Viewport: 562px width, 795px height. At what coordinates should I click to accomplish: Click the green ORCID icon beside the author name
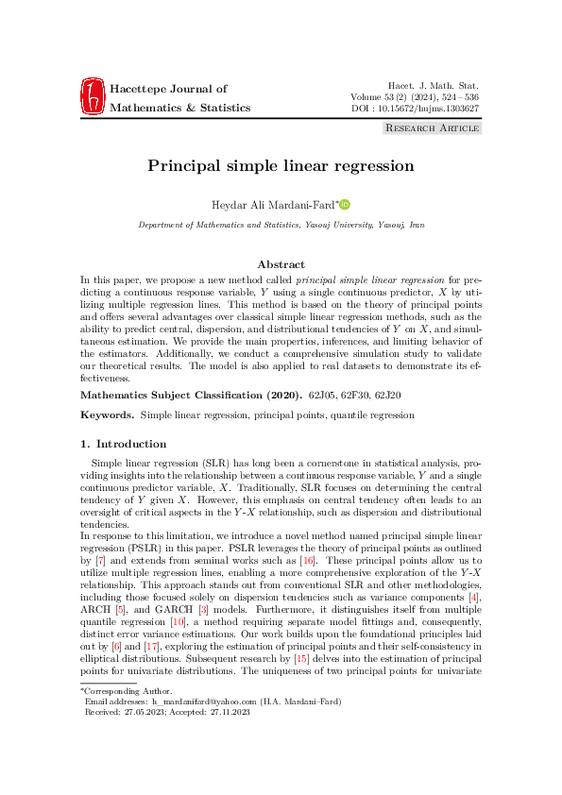[346, 204]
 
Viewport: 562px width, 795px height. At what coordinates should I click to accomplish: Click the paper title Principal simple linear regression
[281, 166]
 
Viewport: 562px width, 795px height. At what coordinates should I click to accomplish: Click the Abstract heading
[281, 265]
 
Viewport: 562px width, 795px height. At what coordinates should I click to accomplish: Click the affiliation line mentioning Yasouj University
[281, 227]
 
